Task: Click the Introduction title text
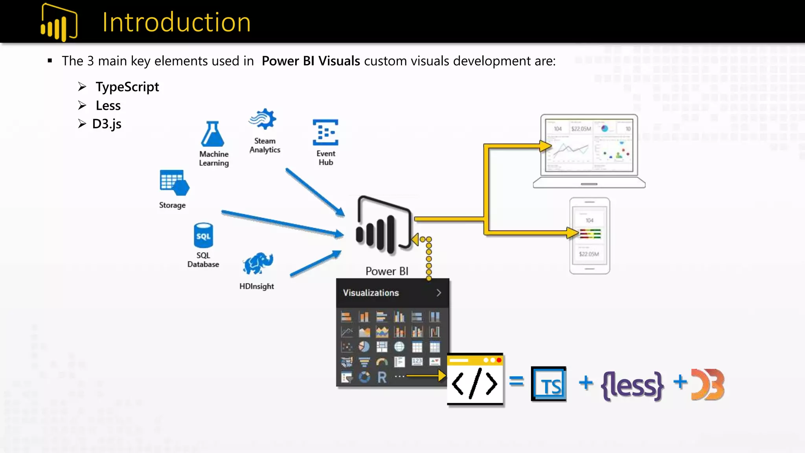176,22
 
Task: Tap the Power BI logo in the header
59,23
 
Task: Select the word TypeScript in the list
127,87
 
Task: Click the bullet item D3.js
107,124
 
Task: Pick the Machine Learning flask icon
213,134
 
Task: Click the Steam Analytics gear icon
263,119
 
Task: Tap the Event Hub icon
325,132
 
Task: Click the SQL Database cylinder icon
203,235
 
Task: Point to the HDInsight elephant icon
258,263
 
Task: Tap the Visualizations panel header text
371,293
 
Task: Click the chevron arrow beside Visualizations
439,293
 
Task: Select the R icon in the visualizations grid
382,377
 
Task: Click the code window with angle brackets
475,380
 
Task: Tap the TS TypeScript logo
549,384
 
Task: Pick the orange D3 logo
708,385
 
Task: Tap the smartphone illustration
590,236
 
